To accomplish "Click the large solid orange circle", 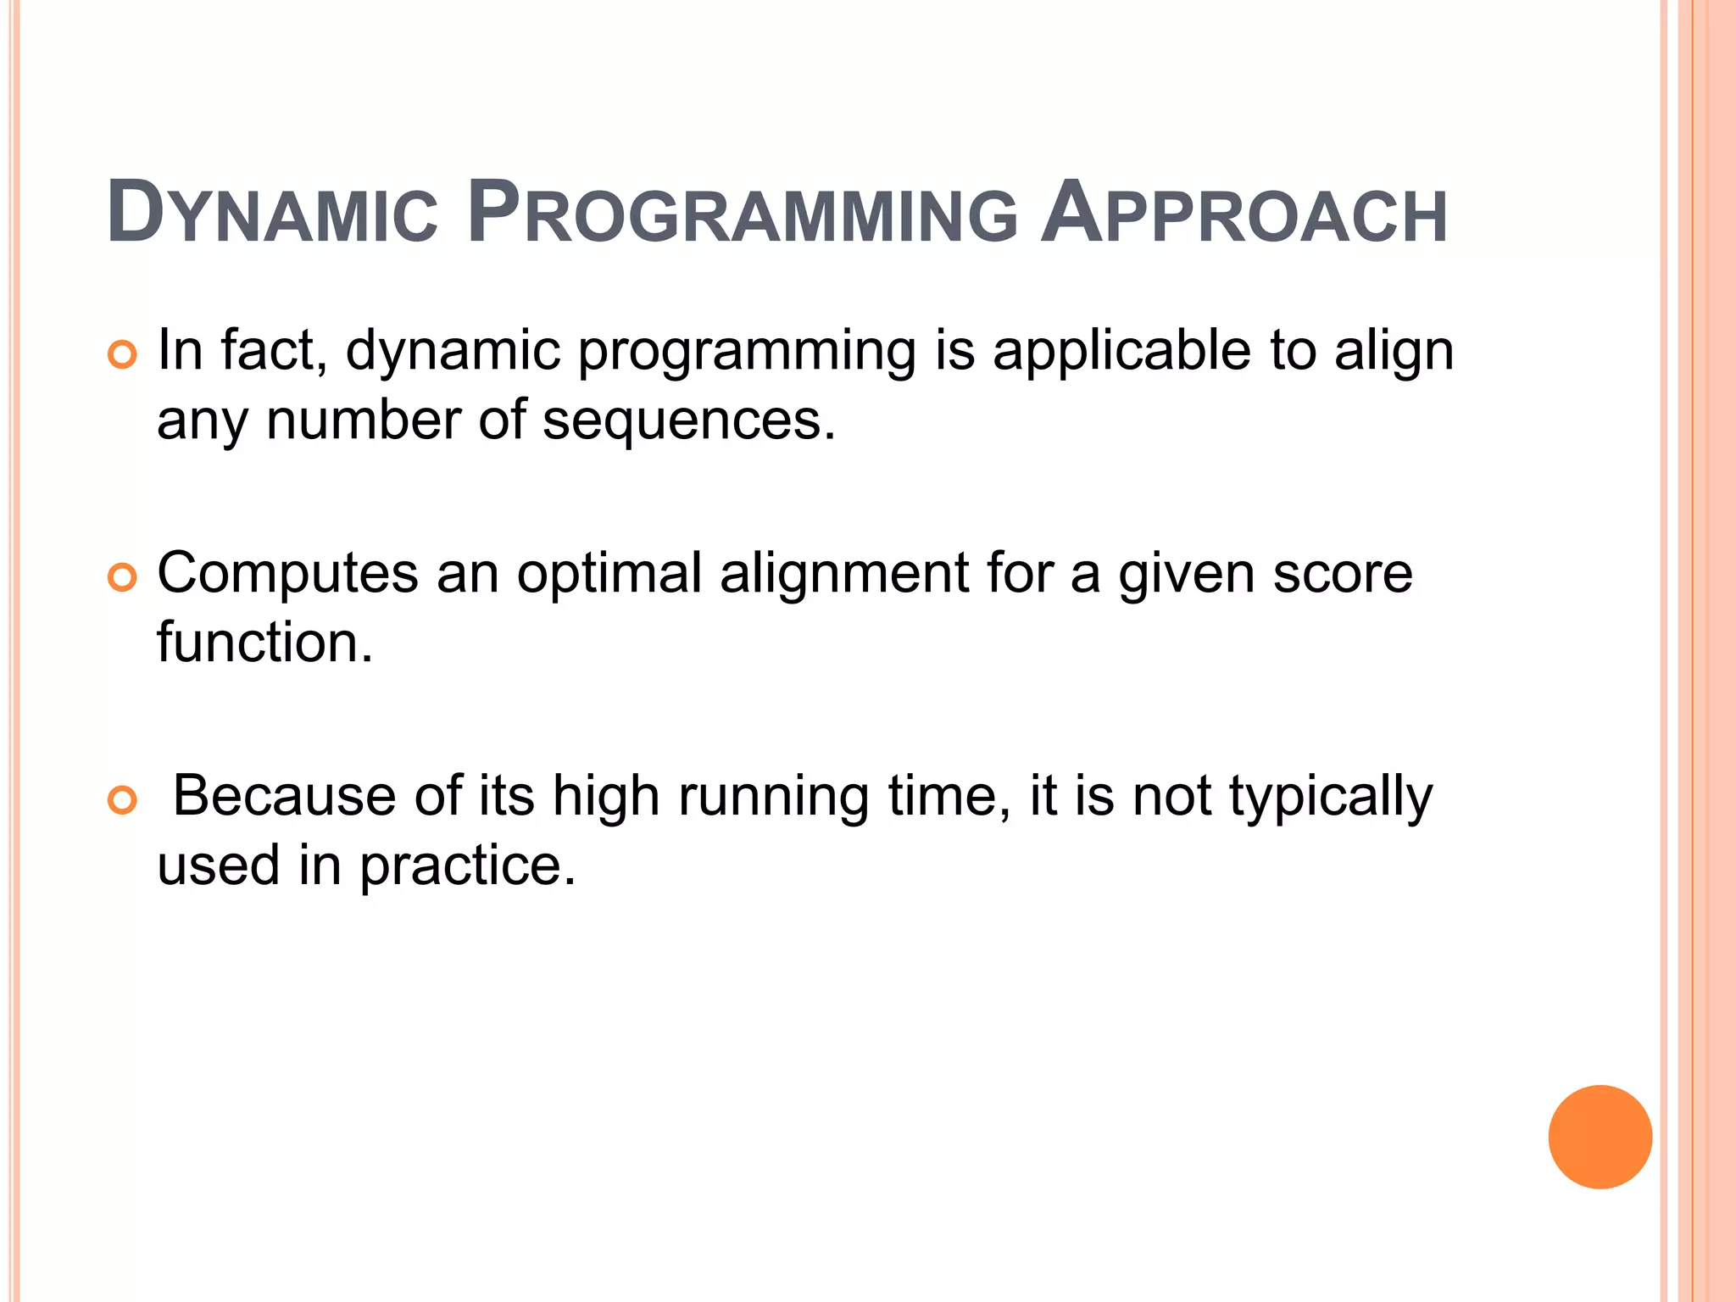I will point(1600,1137).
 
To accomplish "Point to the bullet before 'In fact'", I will point(123,354).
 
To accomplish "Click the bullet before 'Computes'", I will point(123,577).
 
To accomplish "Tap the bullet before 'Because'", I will point(123,800).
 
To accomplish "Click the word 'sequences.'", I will point(688,420).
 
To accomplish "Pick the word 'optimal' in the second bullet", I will point(609,574).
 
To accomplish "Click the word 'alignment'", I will point(843,574).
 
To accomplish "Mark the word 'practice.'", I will point(468,867).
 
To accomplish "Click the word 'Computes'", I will point(287,574).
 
